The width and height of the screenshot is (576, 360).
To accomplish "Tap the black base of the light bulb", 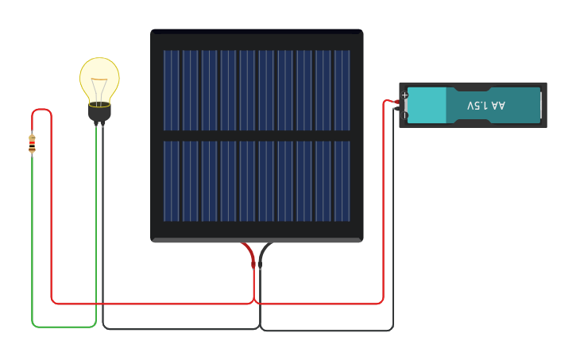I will click(x=99, y=112).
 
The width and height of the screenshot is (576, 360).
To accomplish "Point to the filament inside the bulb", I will click(x=99, y=89).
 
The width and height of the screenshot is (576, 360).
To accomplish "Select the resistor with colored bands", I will click(x=32, y=144).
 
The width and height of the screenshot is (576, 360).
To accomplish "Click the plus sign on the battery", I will click(x=404, y=95).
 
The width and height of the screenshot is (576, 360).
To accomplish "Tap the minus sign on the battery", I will click(x=404, y=116).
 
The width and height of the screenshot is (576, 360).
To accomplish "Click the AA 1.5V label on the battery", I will click(x=485, y=106).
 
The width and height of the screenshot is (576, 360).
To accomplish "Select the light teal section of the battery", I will click(x=427, y=106).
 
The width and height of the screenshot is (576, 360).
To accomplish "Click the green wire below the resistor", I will click(x=32, y=238).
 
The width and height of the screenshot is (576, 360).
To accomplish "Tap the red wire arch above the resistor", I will click(x=41, y=110).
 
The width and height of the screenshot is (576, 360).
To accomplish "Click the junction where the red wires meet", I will click(x=254, y=303).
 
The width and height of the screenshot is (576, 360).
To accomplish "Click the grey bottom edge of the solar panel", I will click(x=257, y=240).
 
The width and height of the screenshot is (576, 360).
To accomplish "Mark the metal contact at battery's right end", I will click(x=541, y=106).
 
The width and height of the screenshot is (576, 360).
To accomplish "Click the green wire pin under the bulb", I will click(x=96, y=125).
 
